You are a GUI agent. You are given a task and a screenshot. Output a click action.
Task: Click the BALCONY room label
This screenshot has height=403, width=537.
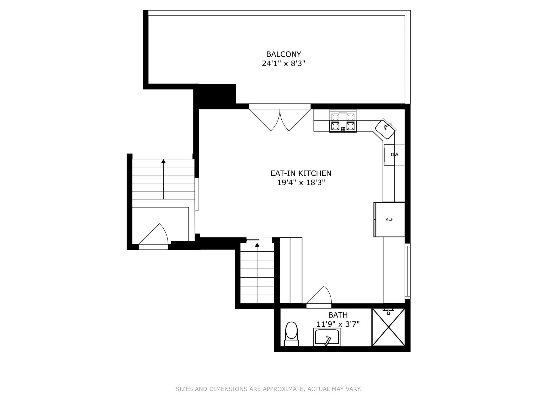(283, 54)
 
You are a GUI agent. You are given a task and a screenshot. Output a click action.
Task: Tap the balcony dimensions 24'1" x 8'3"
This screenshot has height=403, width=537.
(284, 63)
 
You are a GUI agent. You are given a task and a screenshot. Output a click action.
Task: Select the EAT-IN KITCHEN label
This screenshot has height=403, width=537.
(301, 173)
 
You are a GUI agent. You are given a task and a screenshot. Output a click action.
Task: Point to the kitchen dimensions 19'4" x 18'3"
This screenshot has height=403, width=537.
(301, 183)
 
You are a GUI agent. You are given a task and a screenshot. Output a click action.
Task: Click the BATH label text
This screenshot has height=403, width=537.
(338, 315)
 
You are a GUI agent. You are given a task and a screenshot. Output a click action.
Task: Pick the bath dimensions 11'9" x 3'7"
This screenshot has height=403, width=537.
(338, 324)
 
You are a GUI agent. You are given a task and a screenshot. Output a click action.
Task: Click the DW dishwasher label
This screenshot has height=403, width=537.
(394, 155)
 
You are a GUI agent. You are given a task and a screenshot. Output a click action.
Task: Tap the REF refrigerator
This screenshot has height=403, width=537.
(389, 220)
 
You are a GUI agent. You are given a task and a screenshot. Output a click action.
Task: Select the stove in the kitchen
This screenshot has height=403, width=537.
(343, 121)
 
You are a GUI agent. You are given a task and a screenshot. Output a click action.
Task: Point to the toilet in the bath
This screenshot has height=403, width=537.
(291, 334)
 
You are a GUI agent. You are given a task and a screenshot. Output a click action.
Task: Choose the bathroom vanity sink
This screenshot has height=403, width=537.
(327, 337)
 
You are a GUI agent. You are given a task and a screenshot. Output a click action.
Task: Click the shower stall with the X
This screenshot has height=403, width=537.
(389, 327)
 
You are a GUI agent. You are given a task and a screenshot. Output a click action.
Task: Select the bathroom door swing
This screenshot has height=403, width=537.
(319, 297)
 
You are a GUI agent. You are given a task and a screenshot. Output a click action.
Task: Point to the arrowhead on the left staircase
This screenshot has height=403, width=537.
(163, 161)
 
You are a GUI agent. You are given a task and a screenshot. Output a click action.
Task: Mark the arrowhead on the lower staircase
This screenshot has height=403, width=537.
(257, 245)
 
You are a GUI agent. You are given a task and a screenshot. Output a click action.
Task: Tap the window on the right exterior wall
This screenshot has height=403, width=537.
(408, 271)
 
